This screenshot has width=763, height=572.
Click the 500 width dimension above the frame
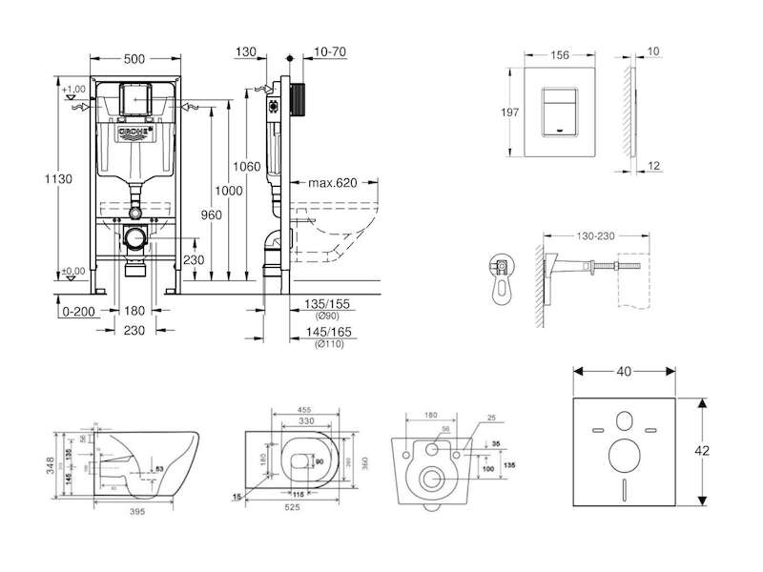134,58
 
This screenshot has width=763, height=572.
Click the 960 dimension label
211,214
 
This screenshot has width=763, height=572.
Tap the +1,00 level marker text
73,89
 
